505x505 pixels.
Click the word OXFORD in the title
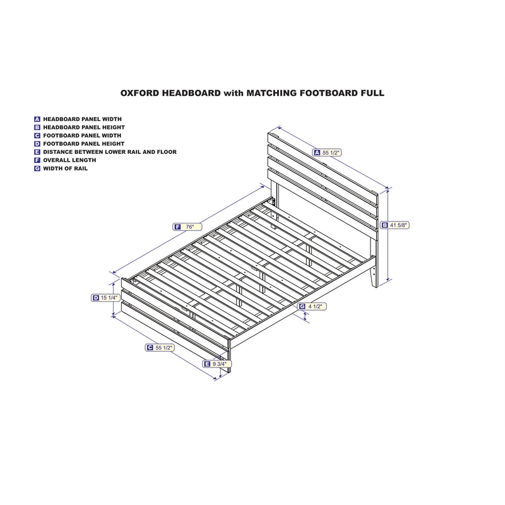pos(140,92)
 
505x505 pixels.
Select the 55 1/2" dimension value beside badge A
pos(332,152)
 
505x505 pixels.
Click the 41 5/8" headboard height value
pos(399,224)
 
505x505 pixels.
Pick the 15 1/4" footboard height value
pos(109,297)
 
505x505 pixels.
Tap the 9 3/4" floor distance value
pos(220,364)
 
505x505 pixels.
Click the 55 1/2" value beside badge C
pos(163,347)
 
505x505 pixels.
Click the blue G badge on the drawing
pos(302,307)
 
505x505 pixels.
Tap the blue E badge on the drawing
pos(206,364)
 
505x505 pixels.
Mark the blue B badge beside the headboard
pos(384,224)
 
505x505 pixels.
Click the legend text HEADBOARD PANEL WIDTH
pos(83,119)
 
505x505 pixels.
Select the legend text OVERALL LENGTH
pos(69,160)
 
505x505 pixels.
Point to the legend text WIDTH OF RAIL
pos(66,169)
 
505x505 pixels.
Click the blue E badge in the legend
pos(37,152)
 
